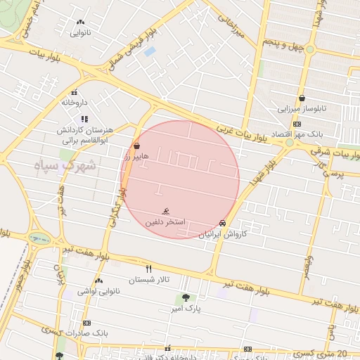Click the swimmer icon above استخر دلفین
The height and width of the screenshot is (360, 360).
pyautogui.click(x=166, y=211)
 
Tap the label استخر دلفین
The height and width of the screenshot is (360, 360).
pyautogui.click(x=165, y=222)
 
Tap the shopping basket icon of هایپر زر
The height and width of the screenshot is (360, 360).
pyautogui.click(x=136, y=146)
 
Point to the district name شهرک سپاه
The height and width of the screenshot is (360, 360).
pyautogui.click(x=67, y=165)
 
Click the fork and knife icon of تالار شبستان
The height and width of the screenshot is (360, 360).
pyautogui.click(x=148, y=269)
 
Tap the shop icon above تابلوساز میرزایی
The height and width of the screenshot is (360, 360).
pyautogui.click(x=302, y=98)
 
